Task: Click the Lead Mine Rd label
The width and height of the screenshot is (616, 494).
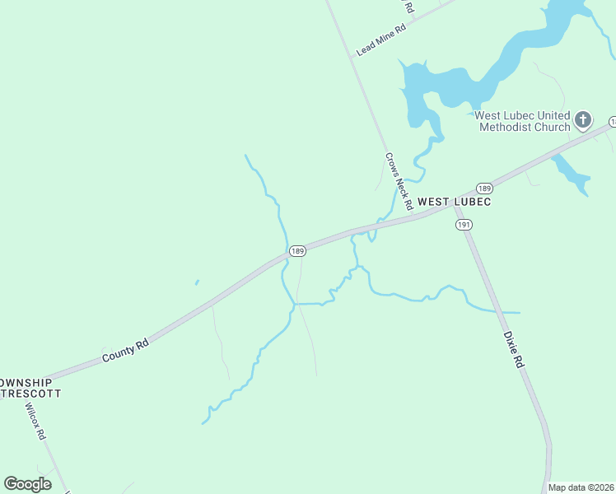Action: point(381,40)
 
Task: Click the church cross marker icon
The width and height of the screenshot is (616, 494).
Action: point(583,120)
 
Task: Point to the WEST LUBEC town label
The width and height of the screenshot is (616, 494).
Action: point(454,202)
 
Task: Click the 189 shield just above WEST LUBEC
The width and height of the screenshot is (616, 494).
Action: point(484,188)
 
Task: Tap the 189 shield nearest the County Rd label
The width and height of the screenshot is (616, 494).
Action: point(297,250)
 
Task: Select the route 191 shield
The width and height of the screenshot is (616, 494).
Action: point(463,224)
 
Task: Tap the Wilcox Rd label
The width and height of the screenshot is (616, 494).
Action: point(35,422)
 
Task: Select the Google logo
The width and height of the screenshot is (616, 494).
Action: point(28,484)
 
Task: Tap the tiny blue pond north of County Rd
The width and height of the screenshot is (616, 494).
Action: point(197,282)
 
